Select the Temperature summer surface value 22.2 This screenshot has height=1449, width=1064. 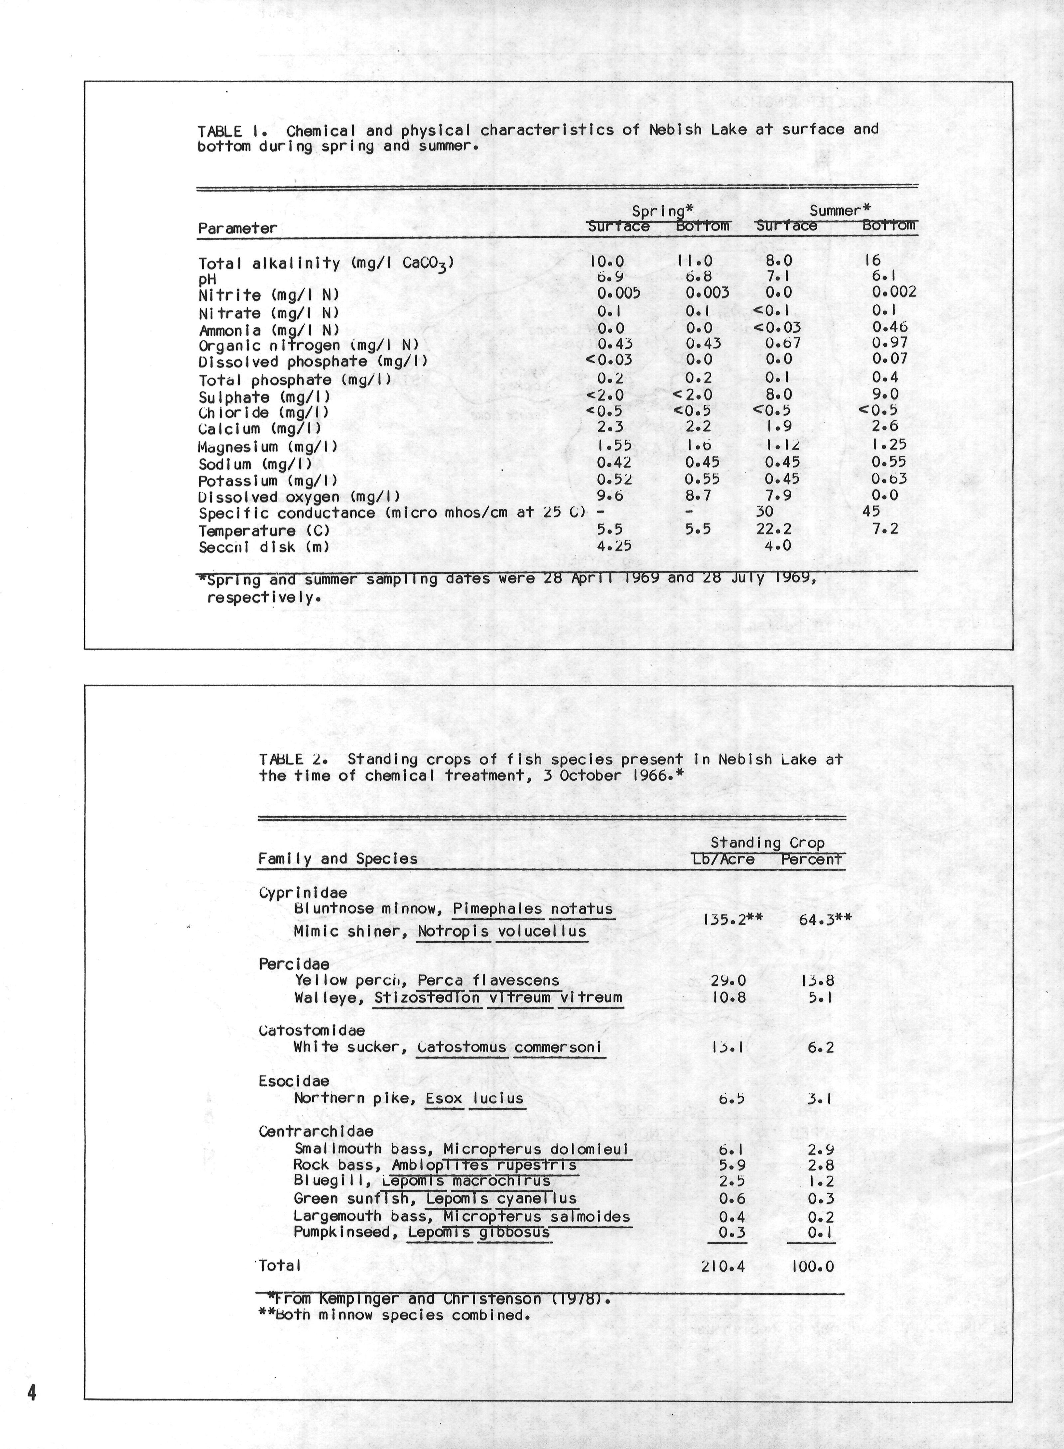tap(773, 529)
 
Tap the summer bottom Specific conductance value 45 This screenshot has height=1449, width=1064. tap(871, 512)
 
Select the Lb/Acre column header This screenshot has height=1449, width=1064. tap(723, 859)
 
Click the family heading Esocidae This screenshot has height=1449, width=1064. tap(294, 1081)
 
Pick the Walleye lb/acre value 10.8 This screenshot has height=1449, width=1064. tap(728, 998)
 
